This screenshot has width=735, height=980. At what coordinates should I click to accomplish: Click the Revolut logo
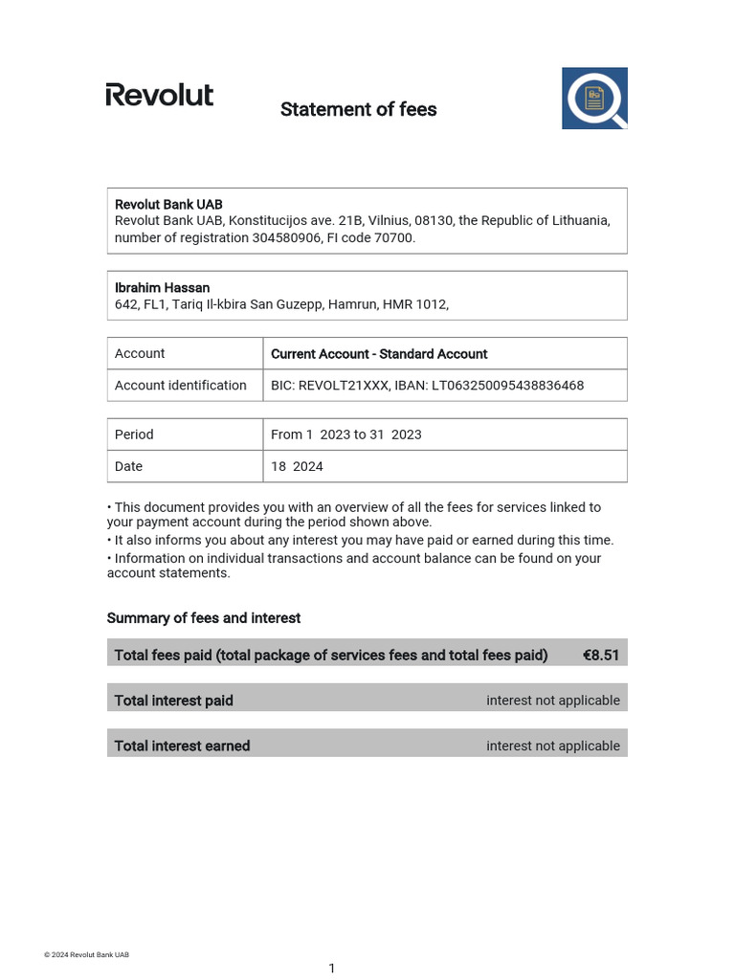159,95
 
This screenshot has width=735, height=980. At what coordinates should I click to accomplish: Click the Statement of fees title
358,109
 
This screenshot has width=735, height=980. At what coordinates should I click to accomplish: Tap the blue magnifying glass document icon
594,98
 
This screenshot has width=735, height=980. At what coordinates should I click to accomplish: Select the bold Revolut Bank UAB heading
168,204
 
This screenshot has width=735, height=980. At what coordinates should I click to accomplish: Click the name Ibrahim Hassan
162,287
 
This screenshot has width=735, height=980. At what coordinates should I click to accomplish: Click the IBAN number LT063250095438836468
509,385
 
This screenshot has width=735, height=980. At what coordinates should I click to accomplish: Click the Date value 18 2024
297,466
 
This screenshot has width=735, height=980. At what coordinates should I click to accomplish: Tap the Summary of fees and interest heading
204,618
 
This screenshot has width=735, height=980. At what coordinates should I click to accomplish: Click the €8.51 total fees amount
601,655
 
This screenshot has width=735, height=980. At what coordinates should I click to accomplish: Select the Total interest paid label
173,701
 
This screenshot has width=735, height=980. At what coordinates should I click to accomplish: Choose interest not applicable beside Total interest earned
552,746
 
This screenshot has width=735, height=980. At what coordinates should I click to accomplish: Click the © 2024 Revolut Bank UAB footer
86,954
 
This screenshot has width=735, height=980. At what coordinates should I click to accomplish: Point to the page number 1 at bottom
332,969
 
